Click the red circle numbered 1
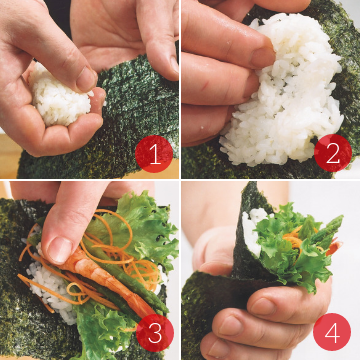point(154,154)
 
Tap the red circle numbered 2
point(333,153)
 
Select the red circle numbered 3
point(155,333)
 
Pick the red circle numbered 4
point(332,332)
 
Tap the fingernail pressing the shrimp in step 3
point(60,248)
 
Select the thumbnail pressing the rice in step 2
point(263,57)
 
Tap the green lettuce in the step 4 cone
point(293,252)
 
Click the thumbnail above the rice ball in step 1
point(86,80)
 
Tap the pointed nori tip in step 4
point(251,184)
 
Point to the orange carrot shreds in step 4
point(294,237)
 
